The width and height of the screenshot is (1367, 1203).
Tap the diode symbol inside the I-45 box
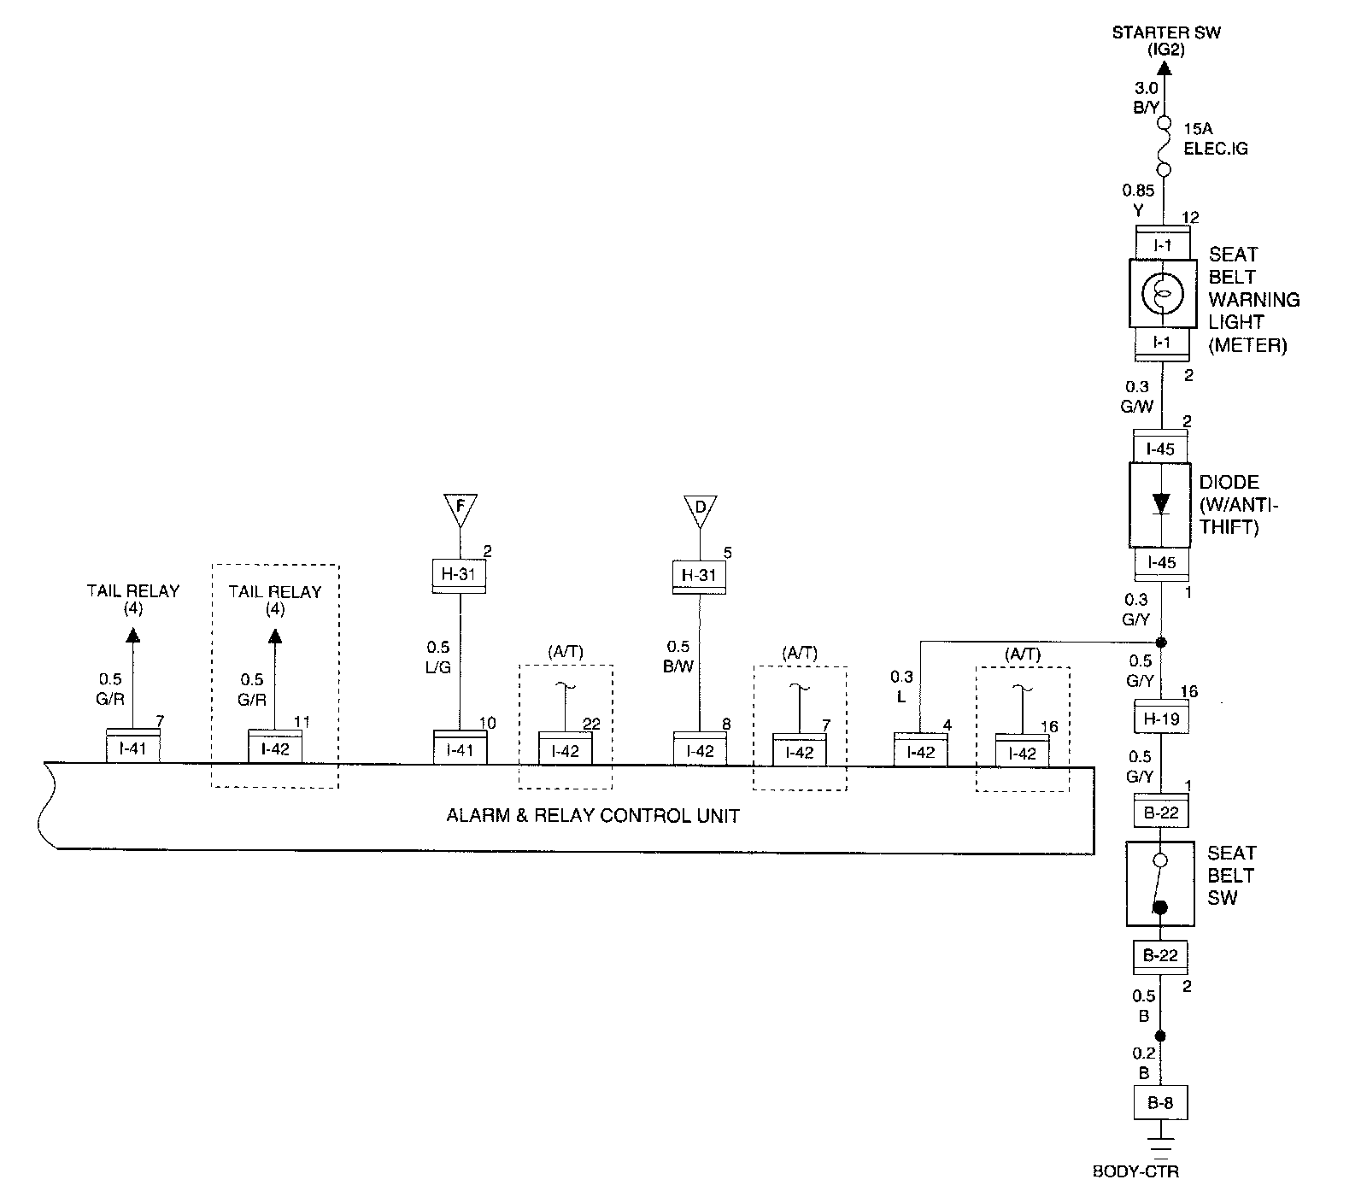pyautogui.click(x=1160, y=503)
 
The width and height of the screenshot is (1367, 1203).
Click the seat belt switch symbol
pyautogui.click(x=1159, y=884)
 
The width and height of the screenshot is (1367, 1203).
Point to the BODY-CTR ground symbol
pyautogui.click(x=1159, y=1152)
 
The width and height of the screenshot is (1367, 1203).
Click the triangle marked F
pyautogui.click(x=460, y=508)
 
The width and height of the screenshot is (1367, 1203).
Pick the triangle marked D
pyautogui.click(x=700, y=509)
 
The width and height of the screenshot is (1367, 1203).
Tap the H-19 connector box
pyautogui.click(x=1160, y=718)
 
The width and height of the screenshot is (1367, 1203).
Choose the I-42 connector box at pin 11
pyautogui.click(x=275, y=748)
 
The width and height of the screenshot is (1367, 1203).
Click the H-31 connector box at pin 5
pyautogui.click(x=699, y=576)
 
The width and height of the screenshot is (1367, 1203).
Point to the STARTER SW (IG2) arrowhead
pyautogui.click(x=1164, y=67)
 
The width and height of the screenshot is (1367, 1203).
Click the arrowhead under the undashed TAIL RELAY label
pyautogui.click(x=132, y=635)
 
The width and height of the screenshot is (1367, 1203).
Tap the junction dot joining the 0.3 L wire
pyautogui.click(x=1160, y=642)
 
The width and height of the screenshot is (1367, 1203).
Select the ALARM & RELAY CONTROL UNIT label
pyautogui.click(x=593, y=815)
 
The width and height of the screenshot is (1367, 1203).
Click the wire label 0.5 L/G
pyautogui.click(x=437, y=656)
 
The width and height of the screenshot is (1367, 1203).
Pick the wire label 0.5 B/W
pyautogui.click(x=679, y=656)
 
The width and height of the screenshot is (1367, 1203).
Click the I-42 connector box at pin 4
pyautogui.click(x=920, y=751)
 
